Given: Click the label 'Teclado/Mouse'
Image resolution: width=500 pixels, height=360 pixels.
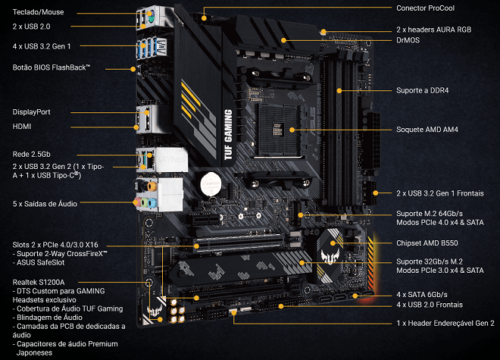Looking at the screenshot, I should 39,11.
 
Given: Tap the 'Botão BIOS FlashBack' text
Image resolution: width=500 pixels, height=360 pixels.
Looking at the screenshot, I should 52,67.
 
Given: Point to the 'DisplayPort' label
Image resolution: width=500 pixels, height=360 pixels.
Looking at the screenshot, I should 32,111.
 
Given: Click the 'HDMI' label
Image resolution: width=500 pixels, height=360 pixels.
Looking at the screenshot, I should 23,127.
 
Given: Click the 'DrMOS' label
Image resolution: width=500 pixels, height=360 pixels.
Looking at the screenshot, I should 409,39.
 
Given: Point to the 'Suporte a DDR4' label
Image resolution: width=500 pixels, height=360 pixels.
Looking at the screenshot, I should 423,90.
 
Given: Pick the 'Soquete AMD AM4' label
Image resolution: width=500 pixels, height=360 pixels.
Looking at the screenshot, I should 427,130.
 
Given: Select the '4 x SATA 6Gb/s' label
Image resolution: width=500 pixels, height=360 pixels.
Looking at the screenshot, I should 422,294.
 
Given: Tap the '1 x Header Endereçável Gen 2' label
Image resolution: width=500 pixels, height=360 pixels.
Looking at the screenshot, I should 445,322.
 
